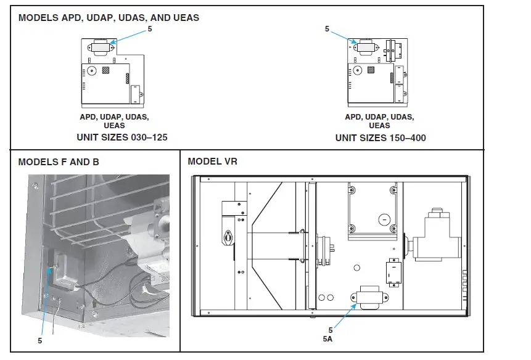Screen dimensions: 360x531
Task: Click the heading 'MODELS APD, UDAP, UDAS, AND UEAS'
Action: tap(109, 18)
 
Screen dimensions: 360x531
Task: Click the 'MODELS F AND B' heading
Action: tap(59, 162)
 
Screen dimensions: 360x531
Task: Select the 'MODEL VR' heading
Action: tap(212, 162)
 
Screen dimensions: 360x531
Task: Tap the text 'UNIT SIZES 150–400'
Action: tap(380, 137)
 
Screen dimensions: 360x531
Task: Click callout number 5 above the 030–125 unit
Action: tap(149, 28)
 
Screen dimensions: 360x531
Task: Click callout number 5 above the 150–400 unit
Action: tap(327, 29)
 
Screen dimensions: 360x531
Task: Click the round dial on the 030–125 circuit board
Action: tap(90, 71)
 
